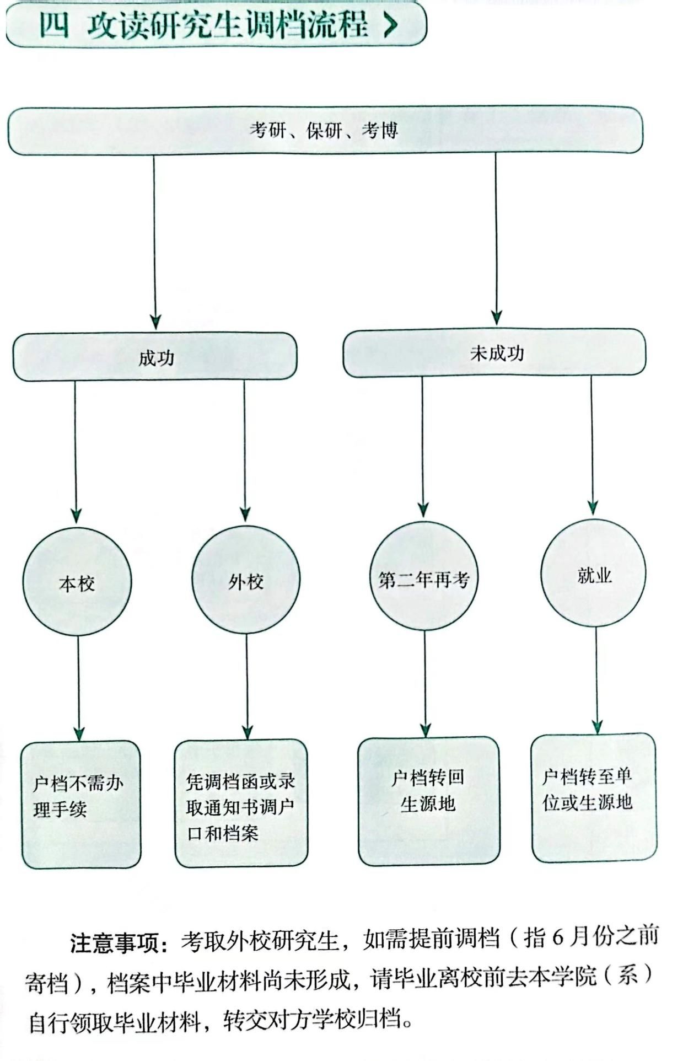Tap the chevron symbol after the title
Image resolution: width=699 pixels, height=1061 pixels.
pos(390,25)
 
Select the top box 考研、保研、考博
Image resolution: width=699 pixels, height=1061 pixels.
pos(325,131)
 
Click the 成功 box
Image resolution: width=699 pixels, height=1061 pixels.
pos(155,357)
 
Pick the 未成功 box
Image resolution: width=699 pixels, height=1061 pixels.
pos(494,353)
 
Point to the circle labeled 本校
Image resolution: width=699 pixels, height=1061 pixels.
pos(77,581)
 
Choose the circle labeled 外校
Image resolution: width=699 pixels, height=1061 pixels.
pos(246,580)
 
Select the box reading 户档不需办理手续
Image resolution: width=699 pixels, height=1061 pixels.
pos(80,803)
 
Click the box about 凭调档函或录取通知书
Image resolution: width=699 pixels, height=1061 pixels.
pos(241,803)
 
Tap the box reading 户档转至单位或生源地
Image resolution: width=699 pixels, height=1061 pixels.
pos(594,797)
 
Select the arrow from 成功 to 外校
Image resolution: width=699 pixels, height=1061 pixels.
pos(245,449)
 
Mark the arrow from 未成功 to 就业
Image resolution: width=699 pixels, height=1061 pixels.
pos(592,444)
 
